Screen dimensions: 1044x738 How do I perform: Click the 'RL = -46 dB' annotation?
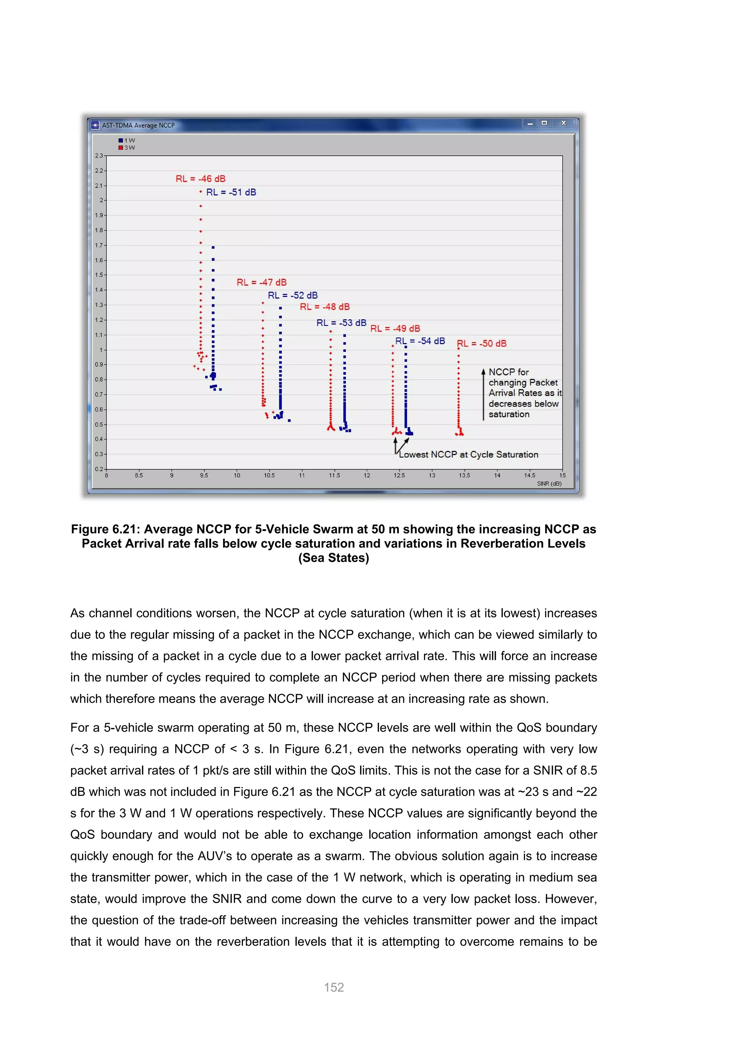pyautogui.click(x=200, y=179)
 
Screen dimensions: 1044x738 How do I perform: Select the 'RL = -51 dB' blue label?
pyautogui.click(x=231, y=193)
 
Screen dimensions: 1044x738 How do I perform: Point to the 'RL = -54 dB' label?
pyautogui.click(x=420, y=341)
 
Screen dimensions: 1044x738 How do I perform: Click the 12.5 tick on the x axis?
pyautogui.click(x=399, y=475)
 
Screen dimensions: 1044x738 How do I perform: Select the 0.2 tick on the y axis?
pyautogui.click(x=99, y=469)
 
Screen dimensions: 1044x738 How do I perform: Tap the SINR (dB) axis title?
pyautogui.click(x=549, y=483)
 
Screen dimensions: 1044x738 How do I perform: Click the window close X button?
pyautogui.click(x=564, y=123)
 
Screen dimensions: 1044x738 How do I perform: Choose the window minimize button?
pyautogui.click(x=530, y=123)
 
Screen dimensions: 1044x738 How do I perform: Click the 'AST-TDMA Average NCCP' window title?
pyautogui.click(x=138, y=125)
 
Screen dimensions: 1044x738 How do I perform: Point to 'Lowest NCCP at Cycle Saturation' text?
pyautogui.click(x=468, y=455)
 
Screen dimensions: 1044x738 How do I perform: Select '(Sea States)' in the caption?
pyautogui.click(x=334, y=558)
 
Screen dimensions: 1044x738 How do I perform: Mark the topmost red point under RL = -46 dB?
pyautogui.click(x=200, y=192)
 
